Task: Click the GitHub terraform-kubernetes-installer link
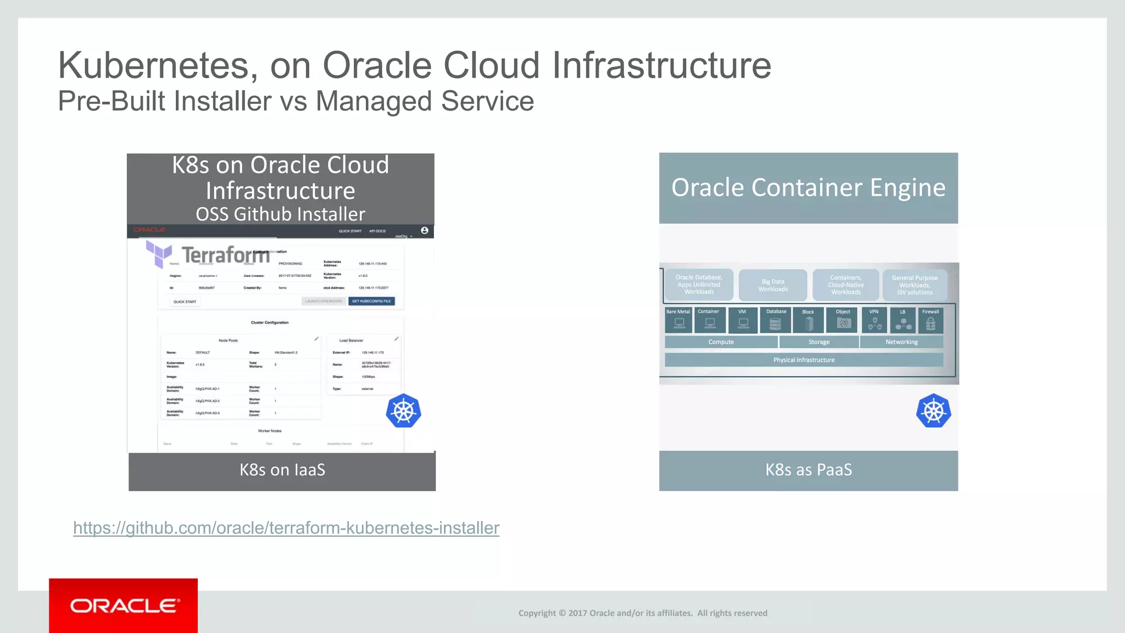coord(286,528)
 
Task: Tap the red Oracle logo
coord(124,606)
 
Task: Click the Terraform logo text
coord(225,255)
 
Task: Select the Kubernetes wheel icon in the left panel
coord(403,411)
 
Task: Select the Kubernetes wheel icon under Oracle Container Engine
coord(933,411)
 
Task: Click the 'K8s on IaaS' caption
coord(282,470)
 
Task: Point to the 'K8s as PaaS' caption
coord(809,470)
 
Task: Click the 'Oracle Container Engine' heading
coord(809,188)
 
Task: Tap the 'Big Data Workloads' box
coord(773,285)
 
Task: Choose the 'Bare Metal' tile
coord(678,320)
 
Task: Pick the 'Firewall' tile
coord(931,320)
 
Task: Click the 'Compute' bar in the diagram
coord(721,342)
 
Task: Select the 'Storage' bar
coord(819,342)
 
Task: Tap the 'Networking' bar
coord(901,342)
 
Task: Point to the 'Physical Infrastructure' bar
coord(804,360)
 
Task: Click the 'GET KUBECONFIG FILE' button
coord(371,301)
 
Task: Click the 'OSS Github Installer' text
coord(280,214)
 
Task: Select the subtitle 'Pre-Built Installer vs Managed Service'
coord(296,101)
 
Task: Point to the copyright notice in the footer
coord(643,613)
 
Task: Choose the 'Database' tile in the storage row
coord(776,320)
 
